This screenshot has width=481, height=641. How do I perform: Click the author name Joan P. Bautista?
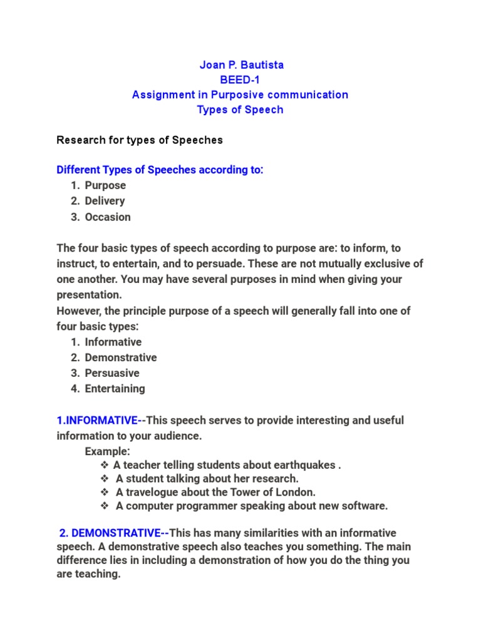240,65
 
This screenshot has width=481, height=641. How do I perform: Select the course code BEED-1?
240,80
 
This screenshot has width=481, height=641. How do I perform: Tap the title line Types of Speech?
240,110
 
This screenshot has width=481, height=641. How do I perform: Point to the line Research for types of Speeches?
140,140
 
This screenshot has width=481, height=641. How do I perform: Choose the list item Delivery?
105,201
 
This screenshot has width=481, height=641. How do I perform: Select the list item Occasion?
108,217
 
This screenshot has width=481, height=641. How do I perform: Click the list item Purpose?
105,185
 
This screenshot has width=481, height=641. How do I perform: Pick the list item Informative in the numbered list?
113,342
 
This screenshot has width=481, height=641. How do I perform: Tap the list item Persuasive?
113,373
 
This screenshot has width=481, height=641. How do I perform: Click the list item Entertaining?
115,389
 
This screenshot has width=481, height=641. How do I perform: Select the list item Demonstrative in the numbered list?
121,357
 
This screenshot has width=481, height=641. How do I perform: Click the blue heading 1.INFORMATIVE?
97,420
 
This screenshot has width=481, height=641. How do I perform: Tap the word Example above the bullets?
107,451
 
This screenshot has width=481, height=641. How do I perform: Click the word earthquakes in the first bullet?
303,465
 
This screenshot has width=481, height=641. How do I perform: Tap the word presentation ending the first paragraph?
88,294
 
